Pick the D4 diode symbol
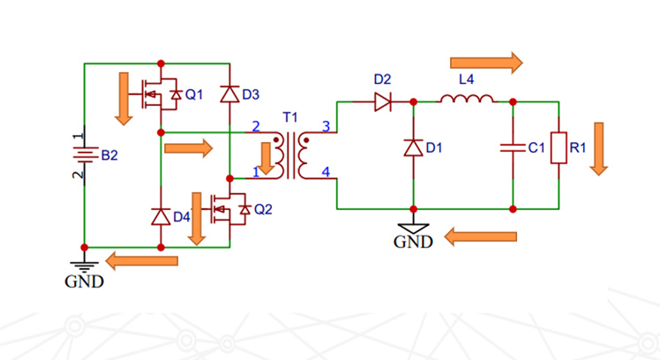(x=161, y=215)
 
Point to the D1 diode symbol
(x=414, y=147)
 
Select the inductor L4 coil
(x=466, y=101)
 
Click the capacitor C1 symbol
(x=513, y=148)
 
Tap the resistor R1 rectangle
(x=558, y=148)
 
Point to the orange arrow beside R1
(x=600, y=148)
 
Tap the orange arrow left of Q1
(x=124, y=98)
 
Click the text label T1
(x=289, y=117)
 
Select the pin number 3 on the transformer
(x=326, y=127)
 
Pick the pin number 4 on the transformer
(x=326, y=172)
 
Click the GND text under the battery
(x=84, y=282)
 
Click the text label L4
(x=466, y=79)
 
